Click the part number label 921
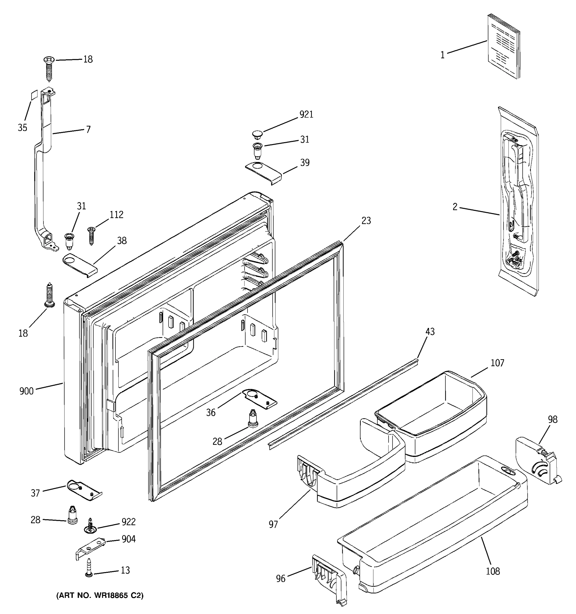pos(306,114)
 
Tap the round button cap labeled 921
pos(257,134)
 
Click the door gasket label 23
pos(366,221)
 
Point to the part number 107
pos(497,363)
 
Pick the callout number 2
pos(455,207)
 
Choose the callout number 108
pos(493,571)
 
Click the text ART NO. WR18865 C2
pos(100,596)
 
